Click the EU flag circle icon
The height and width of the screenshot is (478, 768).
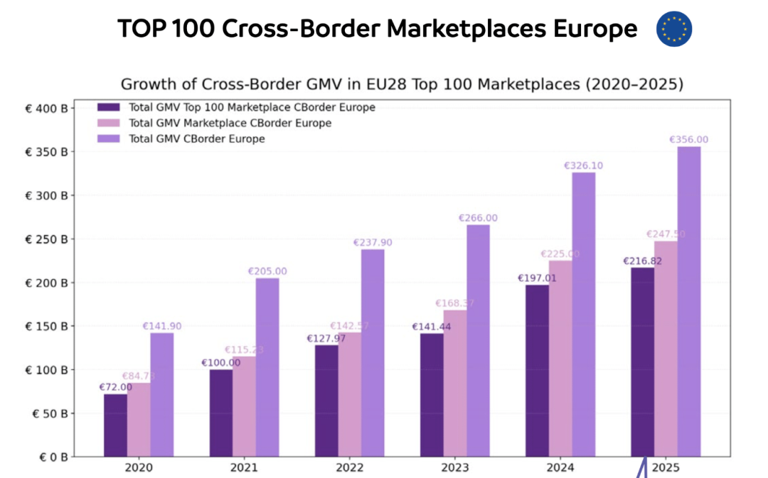(674, 29)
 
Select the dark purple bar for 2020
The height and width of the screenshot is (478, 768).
(115, 425)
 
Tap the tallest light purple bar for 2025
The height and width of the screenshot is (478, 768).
(689, 301)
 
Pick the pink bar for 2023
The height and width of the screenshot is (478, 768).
(455, 383)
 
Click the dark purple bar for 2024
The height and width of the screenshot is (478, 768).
(537, 370)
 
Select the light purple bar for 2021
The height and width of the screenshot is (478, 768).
(267, 366)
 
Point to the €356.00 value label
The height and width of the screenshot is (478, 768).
(689, 140)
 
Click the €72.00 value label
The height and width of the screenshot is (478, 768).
(115, 387)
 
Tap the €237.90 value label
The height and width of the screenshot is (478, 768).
(373, 242)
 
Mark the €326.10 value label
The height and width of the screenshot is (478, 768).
(584, 165)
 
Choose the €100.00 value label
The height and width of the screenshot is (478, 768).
(221, 362)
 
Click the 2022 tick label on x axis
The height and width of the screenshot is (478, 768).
(349, 468)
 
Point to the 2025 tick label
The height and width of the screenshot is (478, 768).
(666, 468)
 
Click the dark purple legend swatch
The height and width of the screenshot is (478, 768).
(109, 108)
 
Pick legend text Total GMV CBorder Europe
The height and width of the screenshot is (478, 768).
(197, 139)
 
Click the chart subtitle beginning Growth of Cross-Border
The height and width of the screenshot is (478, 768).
(402, 84)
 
